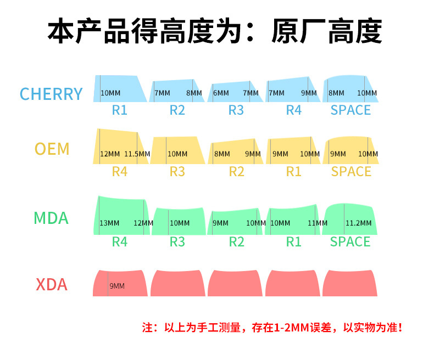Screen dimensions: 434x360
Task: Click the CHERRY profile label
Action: pyautogui.click(x=51, y=94)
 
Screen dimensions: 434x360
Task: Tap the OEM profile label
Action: pyautogui.click(x=52, y=149)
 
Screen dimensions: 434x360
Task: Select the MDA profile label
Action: pyautogui.click(x=51, y=218)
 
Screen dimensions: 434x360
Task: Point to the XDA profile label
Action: pyautogui.click(x=52, y=285)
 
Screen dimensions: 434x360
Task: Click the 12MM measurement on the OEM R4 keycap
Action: pyautogui.click(x=110, y=154)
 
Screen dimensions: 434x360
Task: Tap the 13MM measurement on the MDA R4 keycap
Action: pyautogui.click(x=109, y=223)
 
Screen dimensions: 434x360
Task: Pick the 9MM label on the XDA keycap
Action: pyautogui.click(x=117, y=286)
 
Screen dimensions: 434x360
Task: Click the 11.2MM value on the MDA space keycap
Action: pyautogui.click(x=358, y=223)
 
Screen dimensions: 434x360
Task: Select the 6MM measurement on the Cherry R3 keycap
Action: pyautogui.click(x=221, y=93)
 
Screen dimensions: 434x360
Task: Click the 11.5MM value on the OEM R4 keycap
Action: pyautogui.click(x=137, y=154)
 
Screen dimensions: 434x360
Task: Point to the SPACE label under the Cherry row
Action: pyautogui.click(x=350, y=110)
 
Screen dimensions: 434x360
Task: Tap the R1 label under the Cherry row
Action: pyautogui.click(x=120, y=110)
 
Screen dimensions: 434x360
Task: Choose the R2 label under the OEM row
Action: pyautogui.click(x=236, y=172)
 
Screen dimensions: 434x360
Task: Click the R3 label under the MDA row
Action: pyautogui.click(x=177, y=242)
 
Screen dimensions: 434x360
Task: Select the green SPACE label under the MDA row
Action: pyautogui.click(x=350, y=242)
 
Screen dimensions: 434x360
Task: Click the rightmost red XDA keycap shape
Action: pyautogui.click(x=350, y=283)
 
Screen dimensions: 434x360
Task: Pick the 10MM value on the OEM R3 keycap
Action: pyautogui.click(x=177, y=154)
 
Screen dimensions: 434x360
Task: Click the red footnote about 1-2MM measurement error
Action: pyautogui.click(x=272, y=328)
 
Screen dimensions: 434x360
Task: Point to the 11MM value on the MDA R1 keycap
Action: pyautogui.click(x=318, y=223)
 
